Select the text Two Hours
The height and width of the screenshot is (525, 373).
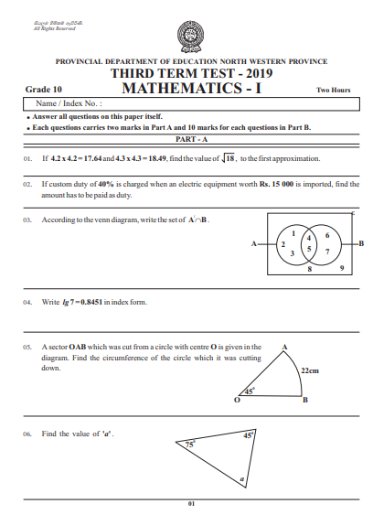point(334,91)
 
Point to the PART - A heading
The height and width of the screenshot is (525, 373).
point(191,139)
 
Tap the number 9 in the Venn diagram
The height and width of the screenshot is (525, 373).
point(341,269)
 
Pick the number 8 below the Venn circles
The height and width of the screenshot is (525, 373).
point(309,271)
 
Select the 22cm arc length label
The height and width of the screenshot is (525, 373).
point(309,370)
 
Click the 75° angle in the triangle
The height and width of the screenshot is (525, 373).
point(191,445)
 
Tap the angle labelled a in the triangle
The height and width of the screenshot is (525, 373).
point(241,477)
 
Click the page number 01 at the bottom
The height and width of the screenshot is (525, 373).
point(191,504)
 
